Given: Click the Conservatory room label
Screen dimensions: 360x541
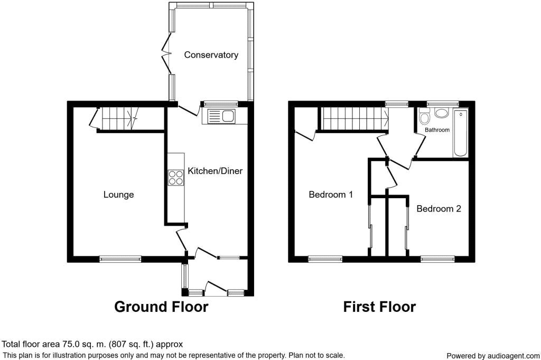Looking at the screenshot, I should tap(211, 55).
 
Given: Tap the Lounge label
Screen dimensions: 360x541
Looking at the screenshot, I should tap(118, 195).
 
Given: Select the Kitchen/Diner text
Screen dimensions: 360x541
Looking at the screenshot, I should tap(215, 171).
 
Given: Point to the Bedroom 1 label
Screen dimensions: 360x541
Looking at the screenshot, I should tap(331, 195).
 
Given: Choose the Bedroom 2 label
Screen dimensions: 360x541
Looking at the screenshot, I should tap(439, 209).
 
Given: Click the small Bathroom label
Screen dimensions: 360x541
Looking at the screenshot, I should tap(437, 130).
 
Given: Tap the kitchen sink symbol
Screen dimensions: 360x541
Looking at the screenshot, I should tap(221, 116).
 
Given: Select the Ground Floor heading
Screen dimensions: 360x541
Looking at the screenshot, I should tap(161, 307).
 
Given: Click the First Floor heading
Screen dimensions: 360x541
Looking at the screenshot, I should tap(379, 307).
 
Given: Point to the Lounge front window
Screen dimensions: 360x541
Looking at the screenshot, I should tap(120, 259).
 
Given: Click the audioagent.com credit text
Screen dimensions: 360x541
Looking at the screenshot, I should tap(492, 356).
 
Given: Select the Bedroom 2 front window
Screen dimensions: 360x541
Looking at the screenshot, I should tap(437, 259).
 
